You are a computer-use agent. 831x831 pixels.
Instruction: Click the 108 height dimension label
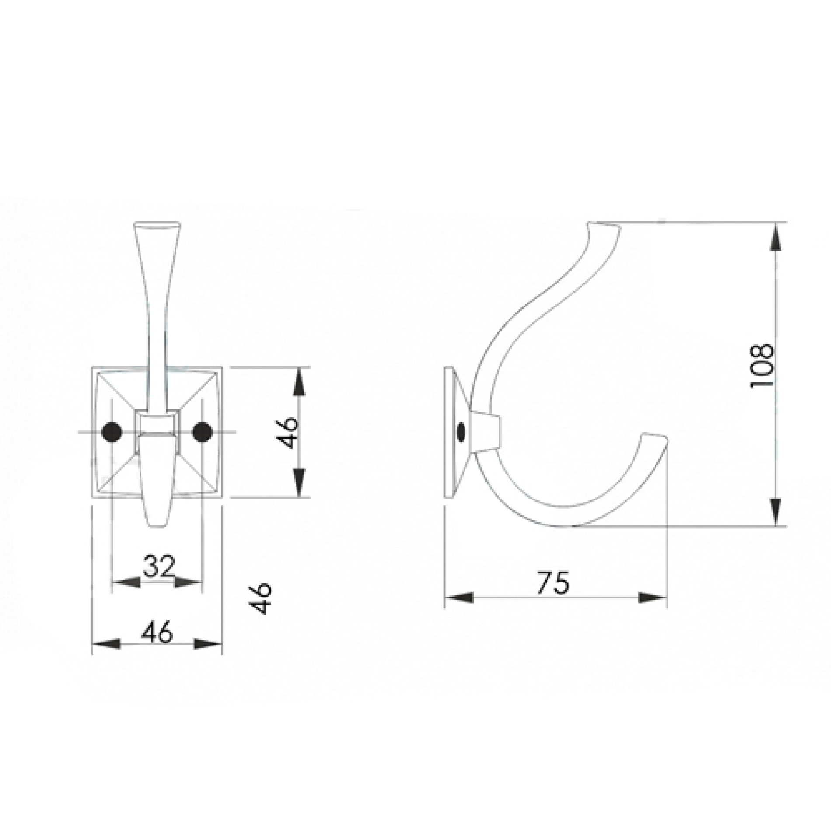click(761, 366)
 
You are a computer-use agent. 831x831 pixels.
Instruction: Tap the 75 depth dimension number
click(553, 583)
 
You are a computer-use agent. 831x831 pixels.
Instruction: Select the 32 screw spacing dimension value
click(158, 567)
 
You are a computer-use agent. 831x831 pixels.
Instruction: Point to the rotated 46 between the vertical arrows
click(288, 432)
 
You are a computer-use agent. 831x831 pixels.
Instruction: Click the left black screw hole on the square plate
click(112, 432)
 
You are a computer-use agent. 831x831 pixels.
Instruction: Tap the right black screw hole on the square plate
click(202, 432)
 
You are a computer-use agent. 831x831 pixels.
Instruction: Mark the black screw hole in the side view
click(460, 432)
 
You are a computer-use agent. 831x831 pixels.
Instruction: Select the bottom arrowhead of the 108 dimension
click(775, 510)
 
